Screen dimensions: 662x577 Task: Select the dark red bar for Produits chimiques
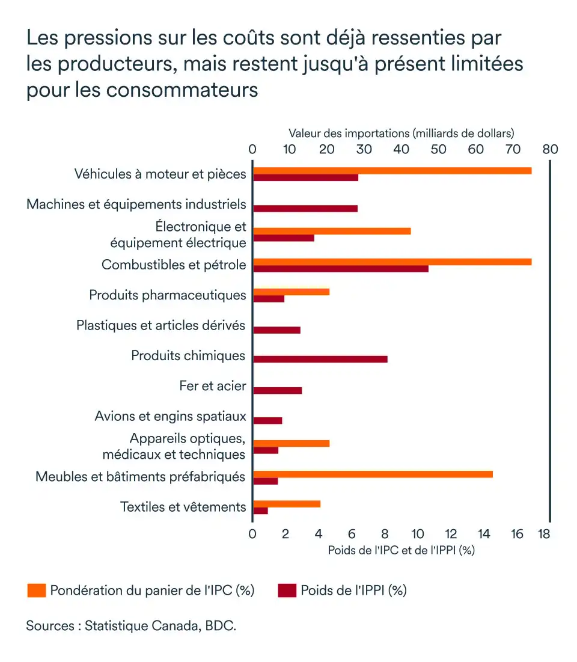pos(320,359)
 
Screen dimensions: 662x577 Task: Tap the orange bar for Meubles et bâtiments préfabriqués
pos(373,474)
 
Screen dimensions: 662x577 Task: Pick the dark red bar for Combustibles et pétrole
pos(341,268)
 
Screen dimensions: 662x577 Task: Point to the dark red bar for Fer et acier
pos(278,390)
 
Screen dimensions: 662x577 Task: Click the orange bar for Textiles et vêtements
pos(287,504)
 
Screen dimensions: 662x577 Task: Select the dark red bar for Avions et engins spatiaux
pos(267,420)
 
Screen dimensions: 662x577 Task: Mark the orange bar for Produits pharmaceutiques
pos(291,292)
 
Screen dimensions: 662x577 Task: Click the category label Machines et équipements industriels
pos(136,204)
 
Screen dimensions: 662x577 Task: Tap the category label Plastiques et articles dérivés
pos(161,325)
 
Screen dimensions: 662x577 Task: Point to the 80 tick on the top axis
pos(550,149)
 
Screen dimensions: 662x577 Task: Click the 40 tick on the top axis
pos(401,149)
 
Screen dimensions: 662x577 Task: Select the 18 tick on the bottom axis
pos(544,533)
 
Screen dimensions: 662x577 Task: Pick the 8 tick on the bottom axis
pos(385,533)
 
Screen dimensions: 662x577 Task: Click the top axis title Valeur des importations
pos(401,133)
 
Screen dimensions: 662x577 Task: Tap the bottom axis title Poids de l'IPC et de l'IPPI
pos(401,550)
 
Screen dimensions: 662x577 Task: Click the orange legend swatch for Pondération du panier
pos(36,590)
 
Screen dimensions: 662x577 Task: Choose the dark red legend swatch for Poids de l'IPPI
pos(287,590)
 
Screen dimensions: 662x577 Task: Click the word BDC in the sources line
pos(219,625)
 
